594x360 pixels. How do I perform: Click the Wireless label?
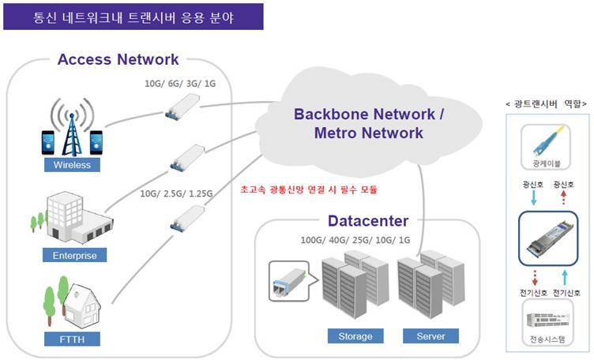(72, 165)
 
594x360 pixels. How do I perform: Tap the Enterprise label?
(75, 255)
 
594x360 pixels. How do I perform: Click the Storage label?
(355, 336)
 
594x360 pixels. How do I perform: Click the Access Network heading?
(118, 59)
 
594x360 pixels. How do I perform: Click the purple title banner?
(133, 16)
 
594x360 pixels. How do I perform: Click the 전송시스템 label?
(548, 339)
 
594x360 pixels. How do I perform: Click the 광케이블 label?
(548, 164)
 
